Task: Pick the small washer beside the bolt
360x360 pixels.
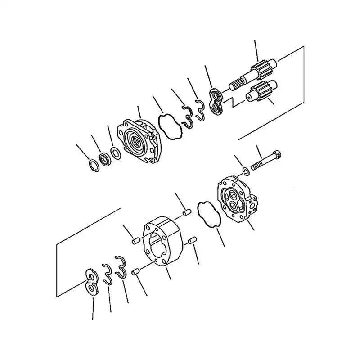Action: coord(245,171)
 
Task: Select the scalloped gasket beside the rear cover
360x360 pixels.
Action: coord(208,214)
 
